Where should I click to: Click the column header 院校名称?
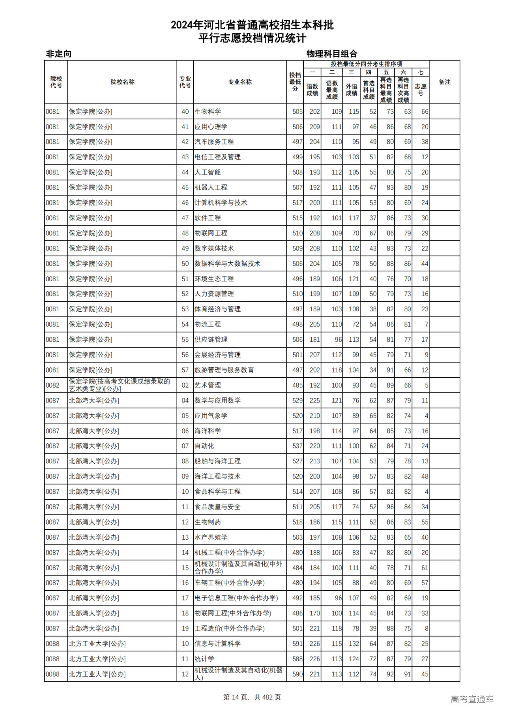click(x=122, y=82)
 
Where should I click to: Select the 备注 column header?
click(x=444, y=82)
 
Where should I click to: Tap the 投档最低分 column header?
click(x=295, y=82)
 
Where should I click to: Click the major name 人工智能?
click(x=208, y=172)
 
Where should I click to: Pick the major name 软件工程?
click(x=208, y=218)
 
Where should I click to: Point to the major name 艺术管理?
click(x=208, y=385)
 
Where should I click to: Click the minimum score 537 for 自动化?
click(x=297, y=446)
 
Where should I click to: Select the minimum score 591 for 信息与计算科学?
click(x=297, y=644)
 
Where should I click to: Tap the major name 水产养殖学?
click(x=211, y=537)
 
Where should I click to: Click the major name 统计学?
click(x=204, y=659)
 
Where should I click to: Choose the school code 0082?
click(x=52, y=385)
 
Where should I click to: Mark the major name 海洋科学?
click(x=208, y=431)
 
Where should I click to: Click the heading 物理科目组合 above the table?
click(x=332, y=54)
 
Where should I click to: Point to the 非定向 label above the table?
click(x=59, y=54)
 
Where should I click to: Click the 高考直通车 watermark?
click(x=472, y=699)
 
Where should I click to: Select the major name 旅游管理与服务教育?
click(x=224, y=370)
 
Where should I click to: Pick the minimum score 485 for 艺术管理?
click(x=297, y=385)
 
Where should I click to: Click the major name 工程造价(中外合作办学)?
click(x=230, y=628)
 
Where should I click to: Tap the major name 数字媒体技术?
click(x=214, y=248)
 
